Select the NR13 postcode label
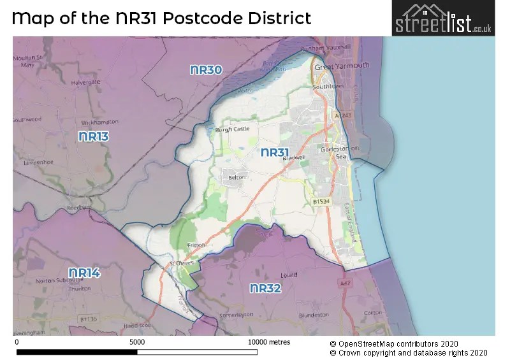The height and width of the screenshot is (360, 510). (93, 136)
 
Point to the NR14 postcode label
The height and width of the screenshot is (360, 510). (84, 273)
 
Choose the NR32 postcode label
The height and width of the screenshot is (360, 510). (265, 289)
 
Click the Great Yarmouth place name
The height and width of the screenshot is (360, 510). (342, 66)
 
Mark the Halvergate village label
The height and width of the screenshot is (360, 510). (87, 82)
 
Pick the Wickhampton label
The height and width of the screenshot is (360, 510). (96, 121)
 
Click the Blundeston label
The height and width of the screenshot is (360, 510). (313, 315)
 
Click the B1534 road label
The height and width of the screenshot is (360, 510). (323, 201)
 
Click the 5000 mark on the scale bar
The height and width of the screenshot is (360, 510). (137, 342)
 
